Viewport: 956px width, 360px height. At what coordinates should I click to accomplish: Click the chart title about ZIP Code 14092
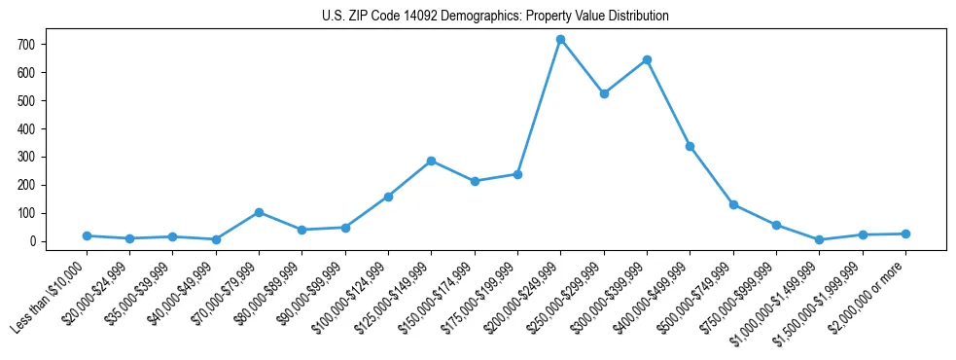click(495, 17)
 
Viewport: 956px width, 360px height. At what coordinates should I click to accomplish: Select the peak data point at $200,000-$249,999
click(560, 40)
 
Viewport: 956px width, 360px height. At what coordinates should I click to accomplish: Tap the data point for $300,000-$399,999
click(647, 60)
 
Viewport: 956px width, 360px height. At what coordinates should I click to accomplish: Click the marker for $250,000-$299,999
click(604, 94)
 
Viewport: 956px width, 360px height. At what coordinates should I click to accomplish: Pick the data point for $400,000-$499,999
click(690, 147)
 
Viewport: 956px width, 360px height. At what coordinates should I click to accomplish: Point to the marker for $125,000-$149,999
click(431, 161)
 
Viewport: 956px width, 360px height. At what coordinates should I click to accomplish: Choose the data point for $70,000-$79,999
click(259, 212)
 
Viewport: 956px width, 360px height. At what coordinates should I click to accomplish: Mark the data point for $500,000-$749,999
click(733, 204)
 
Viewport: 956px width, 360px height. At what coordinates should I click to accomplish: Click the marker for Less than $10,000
click(87, 235)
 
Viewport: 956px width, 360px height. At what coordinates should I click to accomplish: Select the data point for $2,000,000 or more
click(905, 234)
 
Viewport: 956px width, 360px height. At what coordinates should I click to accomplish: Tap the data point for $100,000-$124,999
click(388, 197)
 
